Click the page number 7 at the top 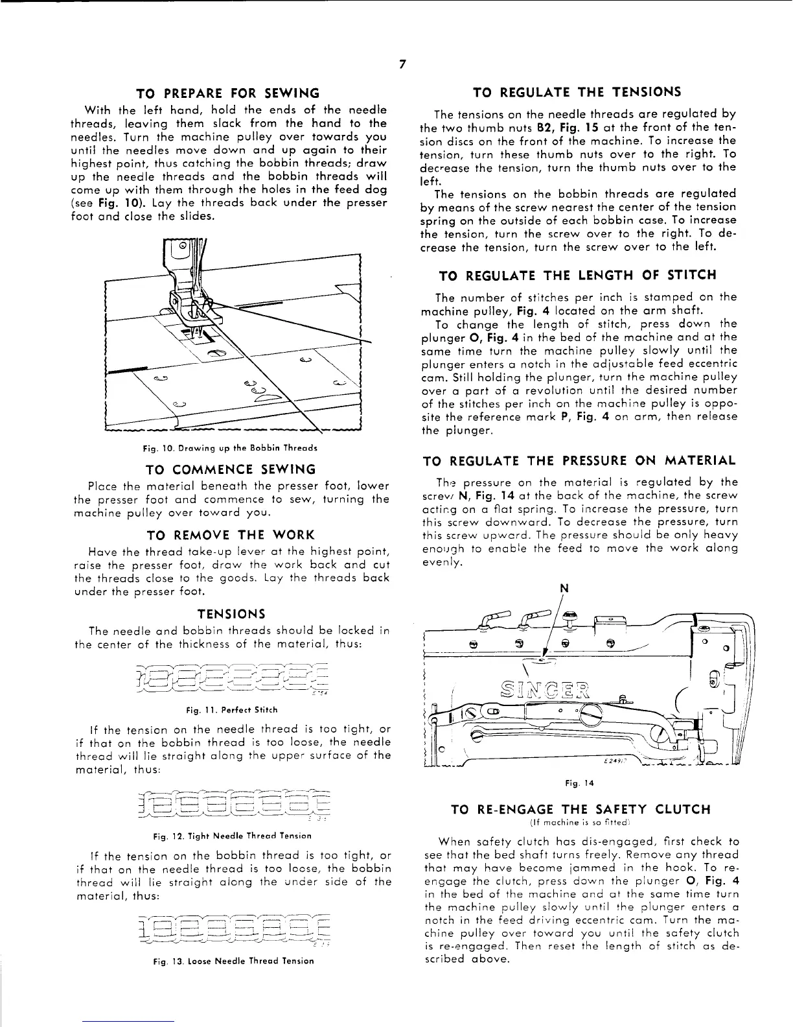point(402,64)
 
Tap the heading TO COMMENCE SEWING point(231,469)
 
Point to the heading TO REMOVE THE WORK point(231,535)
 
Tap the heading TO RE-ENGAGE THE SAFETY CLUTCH point(580,809)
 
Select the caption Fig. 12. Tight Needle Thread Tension point(231,835)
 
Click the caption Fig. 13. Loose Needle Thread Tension point(231,961)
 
